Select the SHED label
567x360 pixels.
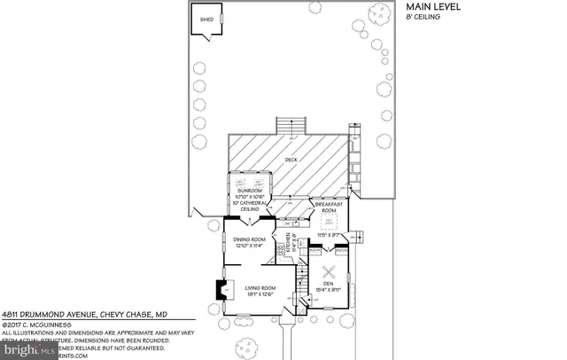tap(207, 19)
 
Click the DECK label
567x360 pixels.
tap(291, 160)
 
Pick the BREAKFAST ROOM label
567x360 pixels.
tap(330, 207)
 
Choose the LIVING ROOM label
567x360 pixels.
tap(262, 287)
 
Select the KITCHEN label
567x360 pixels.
tap(286, 242)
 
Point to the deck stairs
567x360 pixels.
tap(291, 125)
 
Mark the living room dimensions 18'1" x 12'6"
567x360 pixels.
tap(262, 293)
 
